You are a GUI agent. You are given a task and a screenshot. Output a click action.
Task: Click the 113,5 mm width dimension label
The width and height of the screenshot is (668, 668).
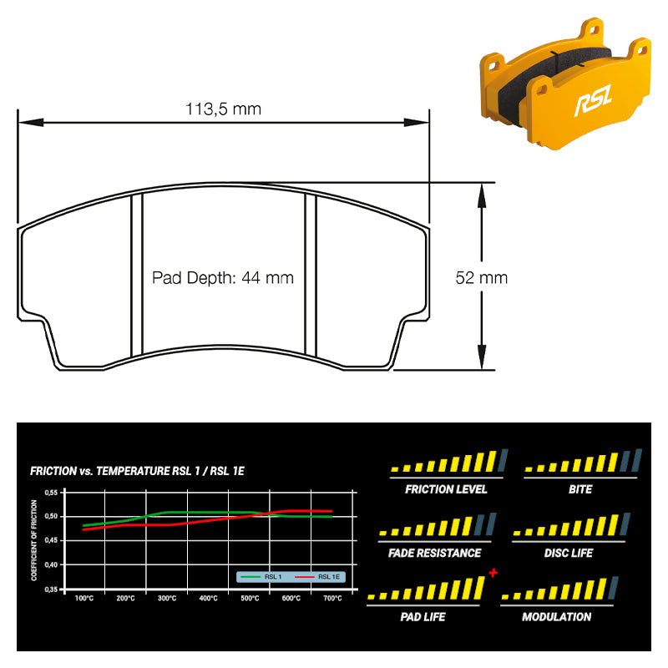pos(223,109)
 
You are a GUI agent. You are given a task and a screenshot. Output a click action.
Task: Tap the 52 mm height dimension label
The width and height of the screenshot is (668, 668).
pos(482,278)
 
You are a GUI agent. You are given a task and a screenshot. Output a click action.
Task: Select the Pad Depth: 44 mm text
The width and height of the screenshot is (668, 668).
pos(223,278)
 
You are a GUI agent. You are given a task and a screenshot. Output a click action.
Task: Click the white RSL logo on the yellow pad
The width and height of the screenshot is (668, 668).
pos(593,100)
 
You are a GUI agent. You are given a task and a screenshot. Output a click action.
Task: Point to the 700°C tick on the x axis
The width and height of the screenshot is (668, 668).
pos(332,598)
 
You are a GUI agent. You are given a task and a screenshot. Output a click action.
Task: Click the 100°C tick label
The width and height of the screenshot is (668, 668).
pos(84,598)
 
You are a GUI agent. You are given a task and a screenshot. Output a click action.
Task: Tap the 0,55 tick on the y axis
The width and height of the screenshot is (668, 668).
pos(51,493)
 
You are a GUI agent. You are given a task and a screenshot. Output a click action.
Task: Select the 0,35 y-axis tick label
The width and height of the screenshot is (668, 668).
pos(51,590)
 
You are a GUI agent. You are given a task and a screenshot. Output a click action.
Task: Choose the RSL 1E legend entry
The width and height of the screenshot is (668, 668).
pos(317,577)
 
